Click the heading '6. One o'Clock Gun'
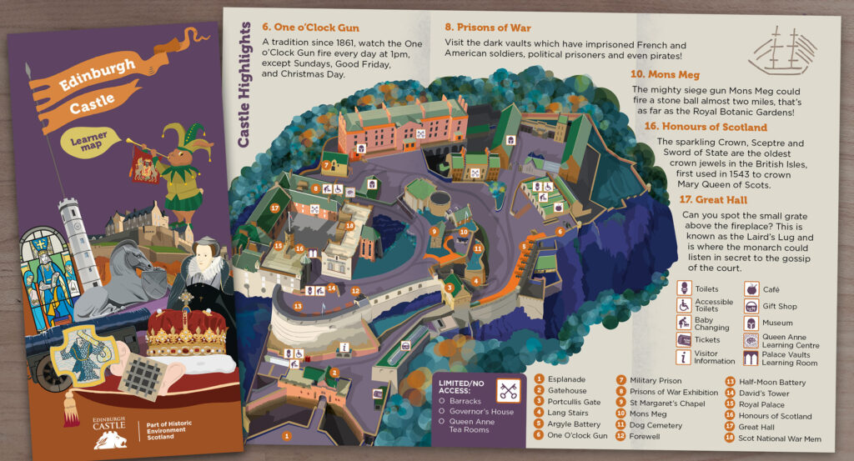coord(310,28)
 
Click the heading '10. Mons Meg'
coord(665,74)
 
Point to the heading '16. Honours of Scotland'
coord(705,128)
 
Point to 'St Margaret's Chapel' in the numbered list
coord(667,402)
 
